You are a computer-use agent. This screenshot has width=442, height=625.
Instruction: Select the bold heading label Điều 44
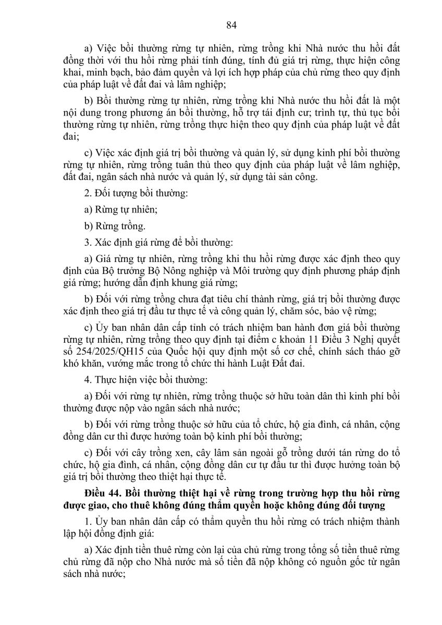click(104, 492)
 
